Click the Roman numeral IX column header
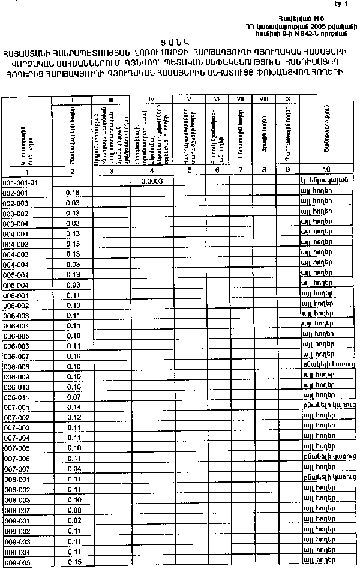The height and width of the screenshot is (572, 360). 287,98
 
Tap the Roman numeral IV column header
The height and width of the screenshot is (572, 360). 151,98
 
